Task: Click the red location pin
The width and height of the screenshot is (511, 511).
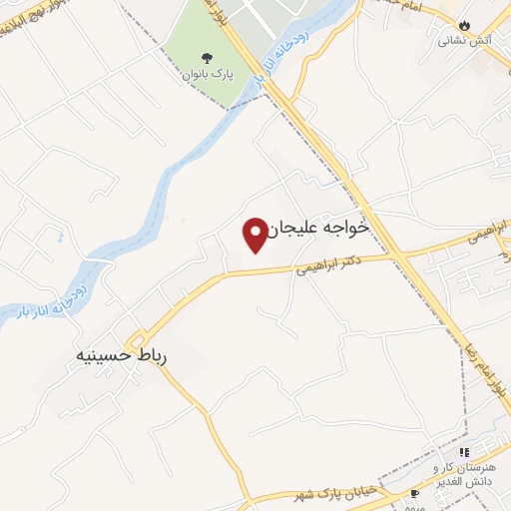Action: [x=255, y=235]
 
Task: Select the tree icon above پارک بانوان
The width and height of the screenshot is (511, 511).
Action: [x=207, y=57]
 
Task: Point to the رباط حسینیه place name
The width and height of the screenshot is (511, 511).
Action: [x=119, y=354]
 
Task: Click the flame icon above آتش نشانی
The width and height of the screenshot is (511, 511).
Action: [x=464, y=25]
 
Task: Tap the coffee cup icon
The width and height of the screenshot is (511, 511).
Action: [x=415, y=493]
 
